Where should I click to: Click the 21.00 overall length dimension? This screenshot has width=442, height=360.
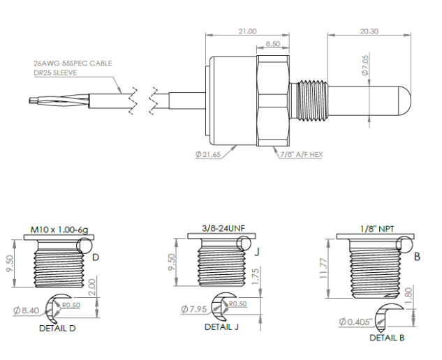(247, 31)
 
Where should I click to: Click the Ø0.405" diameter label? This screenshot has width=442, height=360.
(355, 322)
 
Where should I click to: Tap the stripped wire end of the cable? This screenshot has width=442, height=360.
(36, 100)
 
